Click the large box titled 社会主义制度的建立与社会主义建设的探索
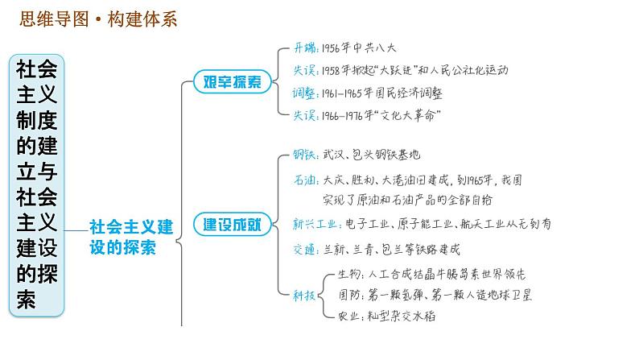[37, 184]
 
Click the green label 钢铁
[307, 154]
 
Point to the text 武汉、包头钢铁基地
[372, 154]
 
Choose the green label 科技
[306, 296]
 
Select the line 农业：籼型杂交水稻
[388, 317]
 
